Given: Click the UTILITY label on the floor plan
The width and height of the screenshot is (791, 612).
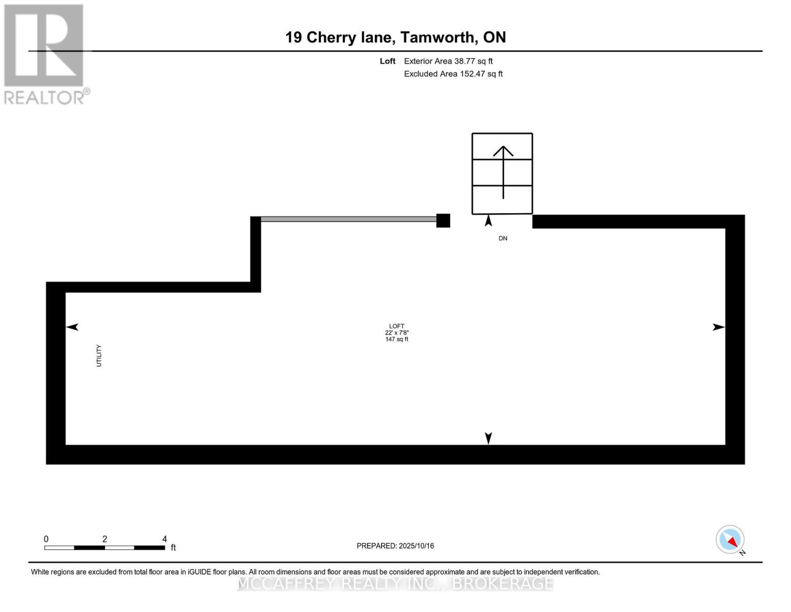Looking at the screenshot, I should click(99, 355).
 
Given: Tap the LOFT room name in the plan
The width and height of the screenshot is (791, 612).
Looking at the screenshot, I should click(396, 326).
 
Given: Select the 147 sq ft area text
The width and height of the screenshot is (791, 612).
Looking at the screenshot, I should click(396, 339).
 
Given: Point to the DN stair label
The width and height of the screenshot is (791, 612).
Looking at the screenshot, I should click(503, 238).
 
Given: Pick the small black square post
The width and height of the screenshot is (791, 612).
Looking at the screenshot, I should click(443, 220).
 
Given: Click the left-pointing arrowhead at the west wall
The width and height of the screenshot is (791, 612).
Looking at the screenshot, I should click(72, 327).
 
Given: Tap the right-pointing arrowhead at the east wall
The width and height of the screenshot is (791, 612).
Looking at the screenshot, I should click(718, 327).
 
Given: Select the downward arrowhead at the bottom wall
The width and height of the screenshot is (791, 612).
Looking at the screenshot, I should click(488, 438).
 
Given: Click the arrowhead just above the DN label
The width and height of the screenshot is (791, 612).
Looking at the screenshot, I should click(488, 221).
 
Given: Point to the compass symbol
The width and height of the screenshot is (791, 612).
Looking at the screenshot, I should click(730, 540).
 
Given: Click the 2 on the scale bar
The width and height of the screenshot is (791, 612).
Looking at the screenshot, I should click(104, 539).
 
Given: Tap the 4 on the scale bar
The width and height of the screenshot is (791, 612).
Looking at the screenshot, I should click(165, 539).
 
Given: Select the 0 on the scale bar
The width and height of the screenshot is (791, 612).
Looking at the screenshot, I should click(46, 539).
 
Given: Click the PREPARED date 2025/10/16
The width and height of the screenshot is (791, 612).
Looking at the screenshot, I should click(416, 546).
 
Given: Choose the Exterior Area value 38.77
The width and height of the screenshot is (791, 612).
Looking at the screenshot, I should click(465, 61).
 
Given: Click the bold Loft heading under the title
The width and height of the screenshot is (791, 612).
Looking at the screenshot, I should click(388, 61).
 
